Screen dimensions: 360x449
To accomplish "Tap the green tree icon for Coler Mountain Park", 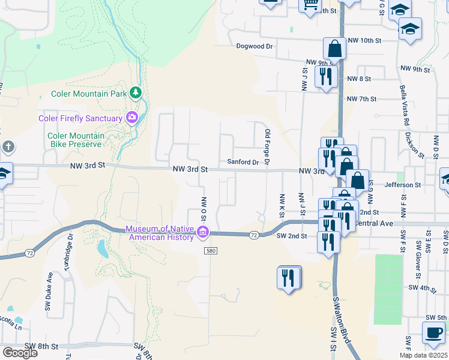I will click(136, 93).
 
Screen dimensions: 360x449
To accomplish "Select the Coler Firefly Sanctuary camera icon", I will click(131, 118).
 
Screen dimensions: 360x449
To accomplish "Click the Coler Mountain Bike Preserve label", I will click(76, 140).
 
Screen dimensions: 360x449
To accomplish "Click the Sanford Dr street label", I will click(243, 162).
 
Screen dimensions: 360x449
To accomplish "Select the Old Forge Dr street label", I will click(268, 148).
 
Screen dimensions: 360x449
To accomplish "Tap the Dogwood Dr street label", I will click(255, 46).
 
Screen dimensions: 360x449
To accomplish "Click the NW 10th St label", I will click(367, 40).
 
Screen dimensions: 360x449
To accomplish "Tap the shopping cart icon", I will click(310, 5).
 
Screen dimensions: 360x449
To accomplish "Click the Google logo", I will click(20, 352).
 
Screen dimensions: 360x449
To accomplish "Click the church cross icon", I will click(7, 147).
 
